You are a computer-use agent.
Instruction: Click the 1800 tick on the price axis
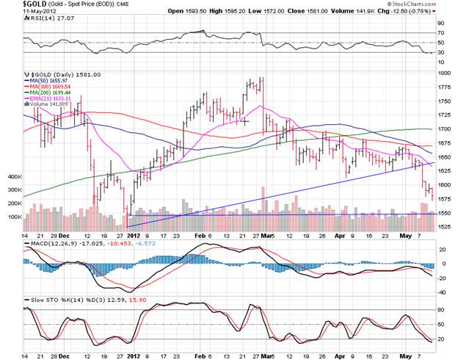(x=445, y=73)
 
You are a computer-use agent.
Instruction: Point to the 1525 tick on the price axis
(x=445, y=226)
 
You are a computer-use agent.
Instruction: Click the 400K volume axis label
(x=15, y=177)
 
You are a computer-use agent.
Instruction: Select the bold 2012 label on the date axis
(x=133, y=236)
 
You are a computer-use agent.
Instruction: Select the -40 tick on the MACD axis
(x=442, y=292)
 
